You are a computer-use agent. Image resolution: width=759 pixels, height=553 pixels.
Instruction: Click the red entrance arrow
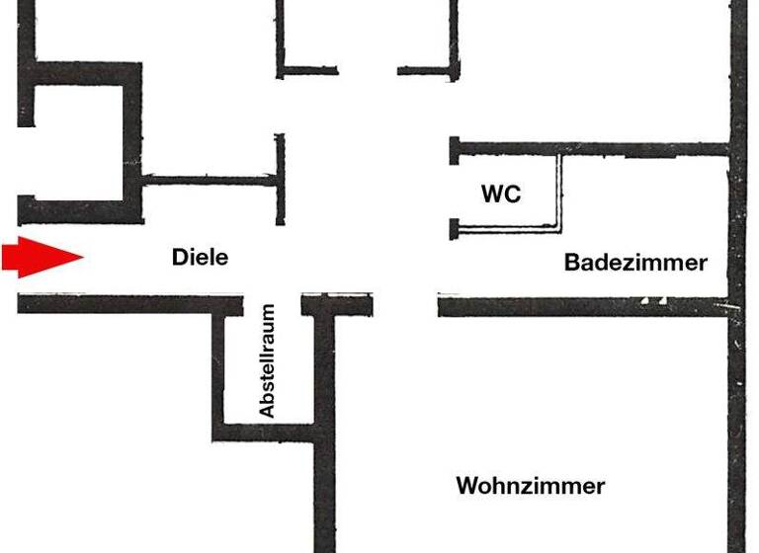40,258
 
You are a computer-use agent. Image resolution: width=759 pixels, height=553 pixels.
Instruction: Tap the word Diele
200,257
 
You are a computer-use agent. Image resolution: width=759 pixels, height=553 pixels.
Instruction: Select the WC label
501,194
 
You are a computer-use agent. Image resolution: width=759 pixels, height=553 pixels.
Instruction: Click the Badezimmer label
635,263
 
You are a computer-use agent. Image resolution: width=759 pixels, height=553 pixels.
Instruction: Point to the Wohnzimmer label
530,486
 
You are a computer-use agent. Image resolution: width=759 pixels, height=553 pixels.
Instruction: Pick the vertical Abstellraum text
267,360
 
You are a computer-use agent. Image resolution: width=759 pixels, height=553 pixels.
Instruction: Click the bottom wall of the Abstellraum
265,432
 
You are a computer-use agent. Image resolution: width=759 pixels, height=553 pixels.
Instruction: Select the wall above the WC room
593,149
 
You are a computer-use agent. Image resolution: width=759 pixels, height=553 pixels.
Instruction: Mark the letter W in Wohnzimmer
466,486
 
